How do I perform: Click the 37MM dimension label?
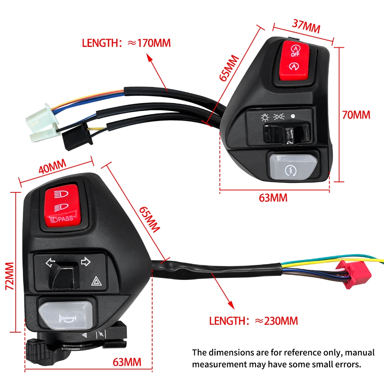click(306, 26)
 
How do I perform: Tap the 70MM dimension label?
click(356, 115)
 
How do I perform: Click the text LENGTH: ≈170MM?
click(126, 43)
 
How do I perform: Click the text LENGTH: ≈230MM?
click(253, 321)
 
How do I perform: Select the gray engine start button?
click(292, 166)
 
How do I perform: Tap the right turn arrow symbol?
click(85, 261)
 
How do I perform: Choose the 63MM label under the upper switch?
click(273, 198)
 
